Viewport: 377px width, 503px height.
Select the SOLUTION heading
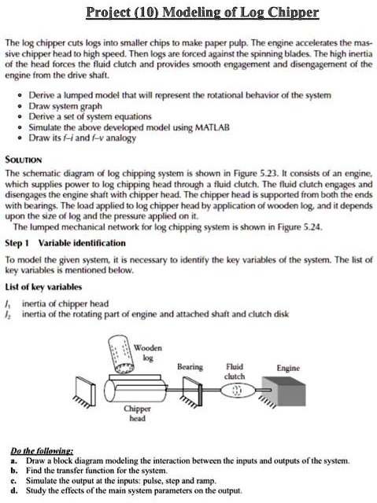pos(24,160)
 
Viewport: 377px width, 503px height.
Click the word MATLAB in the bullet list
pos(213,127)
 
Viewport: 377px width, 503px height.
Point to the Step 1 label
pos(17,243)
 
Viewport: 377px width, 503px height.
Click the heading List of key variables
pos(43,287)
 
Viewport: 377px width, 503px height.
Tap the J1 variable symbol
pos(8,303)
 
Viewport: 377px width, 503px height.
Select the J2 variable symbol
pos(8,314)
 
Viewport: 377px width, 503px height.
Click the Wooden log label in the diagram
pos(148,353)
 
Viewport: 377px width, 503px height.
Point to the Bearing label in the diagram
pos(190,367)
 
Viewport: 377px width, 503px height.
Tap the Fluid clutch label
pos(235,371)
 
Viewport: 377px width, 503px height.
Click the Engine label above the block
pos(288,368)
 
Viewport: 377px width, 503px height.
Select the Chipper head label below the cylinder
pos(137,413)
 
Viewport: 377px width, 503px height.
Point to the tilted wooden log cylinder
pos(121,354)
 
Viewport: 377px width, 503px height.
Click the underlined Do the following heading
pos(42,451)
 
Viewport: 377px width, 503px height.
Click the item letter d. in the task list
pos(14,490)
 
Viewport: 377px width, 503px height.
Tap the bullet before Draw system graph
pos(20,107)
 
